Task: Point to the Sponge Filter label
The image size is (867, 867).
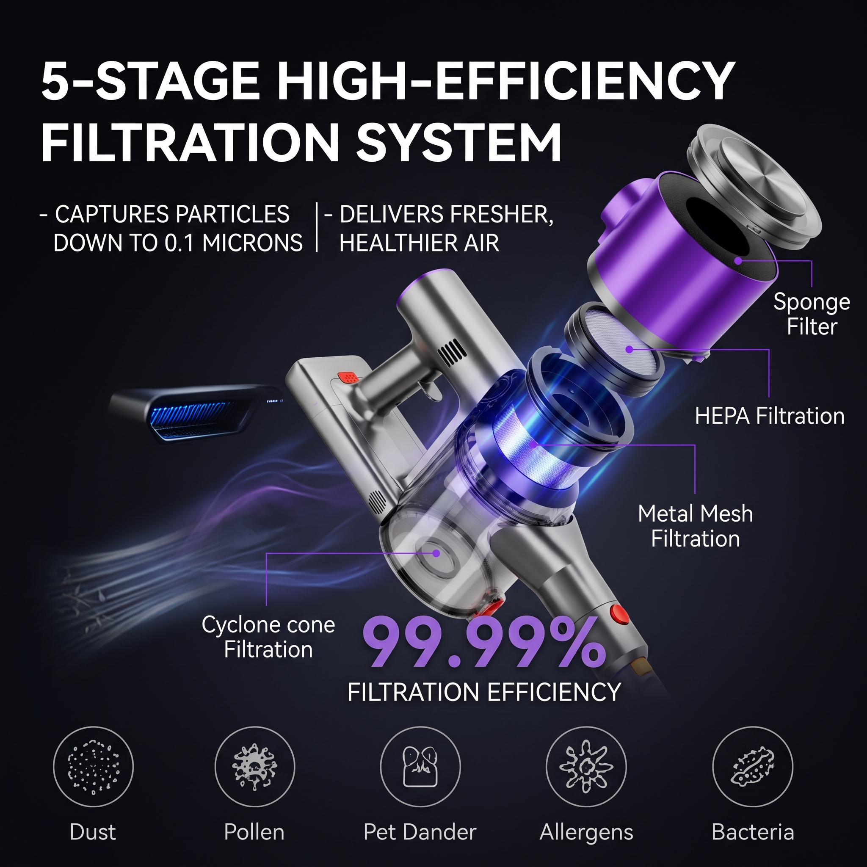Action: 812,314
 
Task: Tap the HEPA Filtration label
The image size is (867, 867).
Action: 770,416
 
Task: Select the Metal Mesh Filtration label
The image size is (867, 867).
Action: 695,526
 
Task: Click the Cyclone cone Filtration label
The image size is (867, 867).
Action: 268,637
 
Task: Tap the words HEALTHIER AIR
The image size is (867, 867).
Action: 419,243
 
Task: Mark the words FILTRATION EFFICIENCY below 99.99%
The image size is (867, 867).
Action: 484,692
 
